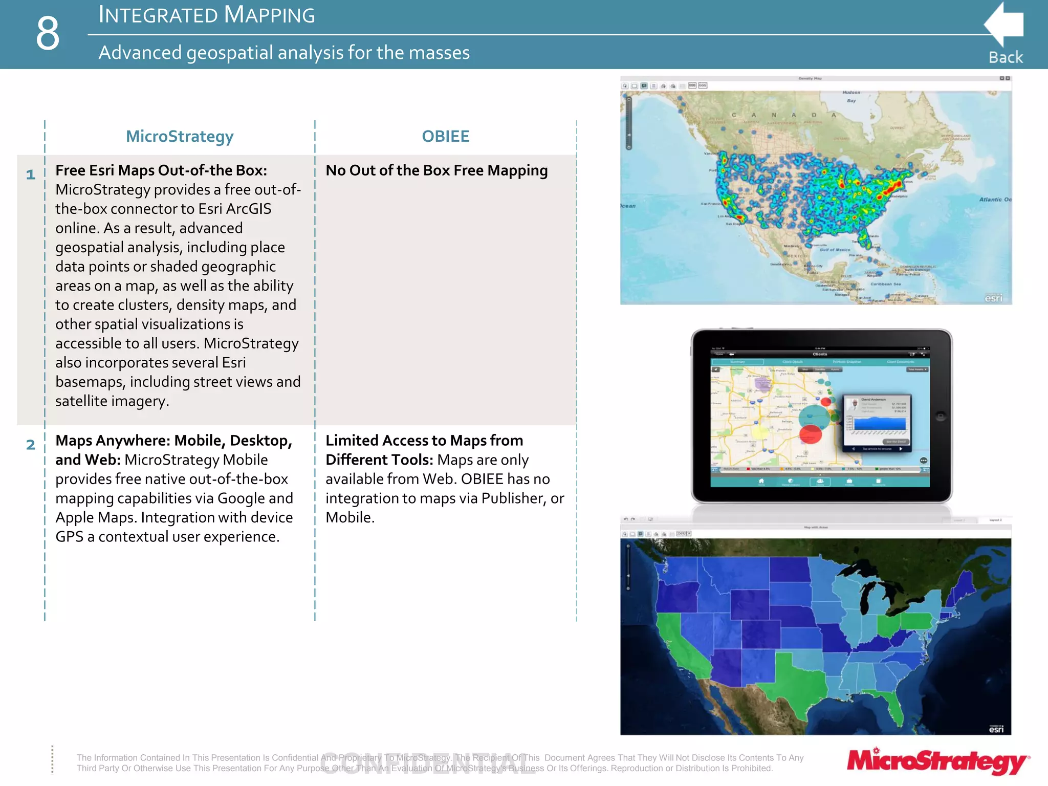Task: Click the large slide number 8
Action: point(48,33)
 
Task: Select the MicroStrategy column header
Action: point(180,136)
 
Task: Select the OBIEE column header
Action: point(445,136)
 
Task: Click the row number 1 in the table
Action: point(31,174)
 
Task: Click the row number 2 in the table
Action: point(31,445)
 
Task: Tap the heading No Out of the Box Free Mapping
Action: point(436,170)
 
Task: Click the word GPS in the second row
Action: point(69,537)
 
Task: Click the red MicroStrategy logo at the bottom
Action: point(937,761)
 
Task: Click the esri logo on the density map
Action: point(993,298)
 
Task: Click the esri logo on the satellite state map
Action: point(996,729)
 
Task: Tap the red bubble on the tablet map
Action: point(810,434)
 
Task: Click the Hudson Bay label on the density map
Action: point(851,96)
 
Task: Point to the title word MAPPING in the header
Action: point(269,15)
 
